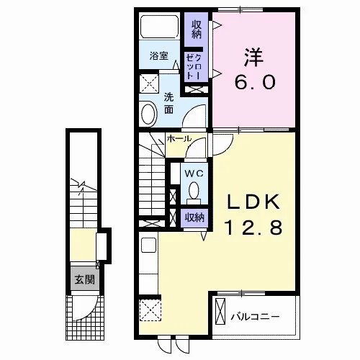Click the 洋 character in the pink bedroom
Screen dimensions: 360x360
point(254,58)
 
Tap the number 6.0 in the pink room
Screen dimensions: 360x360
point(255,82)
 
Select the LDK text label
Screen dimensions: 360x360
point(253,202)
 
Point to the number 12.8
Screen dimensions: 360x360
point(253,228)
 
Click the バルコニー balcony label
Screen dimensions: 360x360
point(255,317)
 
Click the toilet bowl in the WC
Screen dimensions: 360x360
point(194,192)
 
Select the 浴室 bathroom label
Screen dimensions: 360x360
point(159,56)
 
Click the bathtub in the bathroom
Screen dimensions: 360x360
point(159,26)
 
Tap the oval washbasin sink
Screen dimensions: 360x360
point(149,114)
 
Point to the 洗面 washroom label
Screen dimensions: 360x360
point(168,104)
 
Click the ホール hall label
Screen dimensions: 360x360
point(179,138)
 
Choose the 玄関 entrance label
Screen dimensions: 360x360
point(85,280)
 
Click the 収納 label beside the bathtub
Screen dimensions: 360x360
point(197,30)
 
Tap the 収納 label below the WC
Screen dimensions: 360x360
point(194,217)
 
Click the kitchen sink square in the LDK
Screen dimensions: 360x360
point(149,245)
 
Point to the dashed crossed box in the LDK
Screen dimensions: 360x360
point(150,310)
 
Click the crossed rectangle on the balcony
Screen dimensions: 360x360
point(220,311)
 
